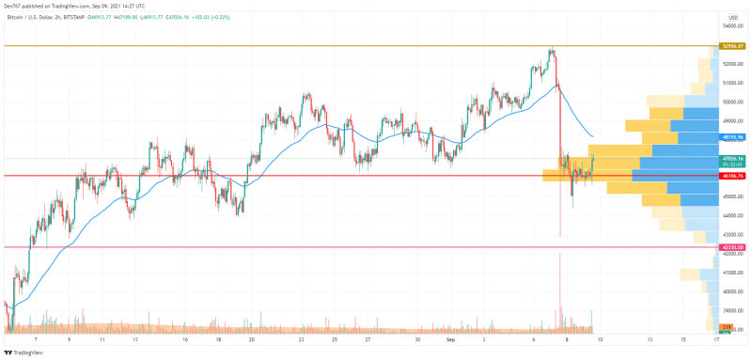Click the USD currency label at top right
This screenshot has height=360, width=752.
coord(731,17)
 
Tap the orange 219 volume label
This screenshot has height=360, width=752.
coord(727,326)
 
